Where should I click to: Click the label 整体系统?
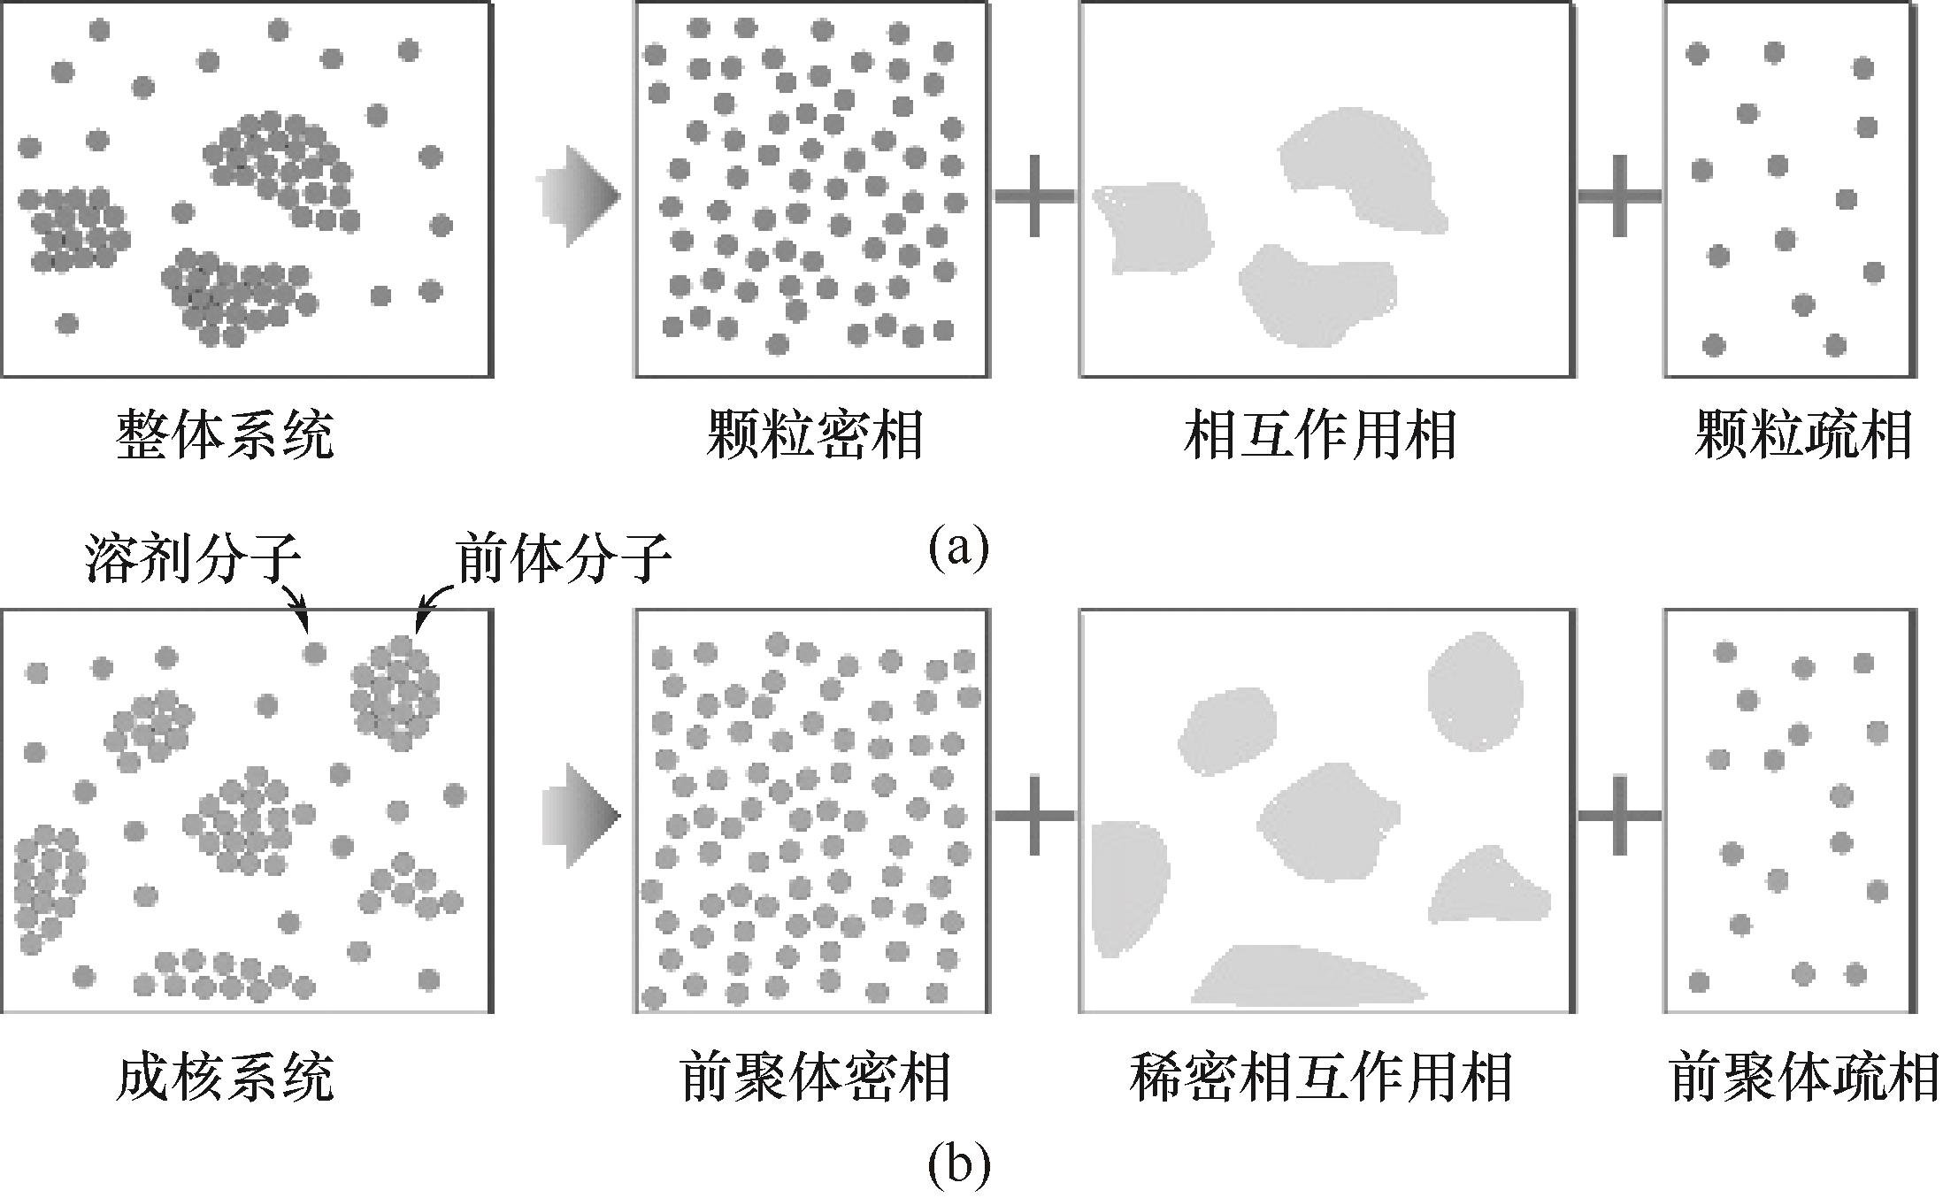225,434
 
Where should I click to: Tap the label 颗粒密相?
814,434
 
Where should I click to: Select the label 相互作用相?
1320,434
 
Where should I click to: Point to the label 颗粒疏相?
1803,434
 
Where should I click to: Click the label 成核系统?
225,1076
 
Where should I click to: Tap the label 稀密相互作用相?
1320,1076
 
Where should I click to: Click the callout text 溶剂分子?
193,560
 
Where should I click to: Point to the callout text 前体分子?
564,560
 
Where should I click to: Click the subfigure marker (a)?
958,549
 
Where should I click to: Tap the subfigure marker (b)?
958,1167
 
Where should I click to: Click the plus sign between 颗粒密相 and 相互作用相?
1033,196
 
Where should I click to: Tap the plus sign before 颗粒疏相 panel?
1619,196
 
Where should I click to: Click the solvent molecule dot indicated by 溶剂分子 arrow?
314,653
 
